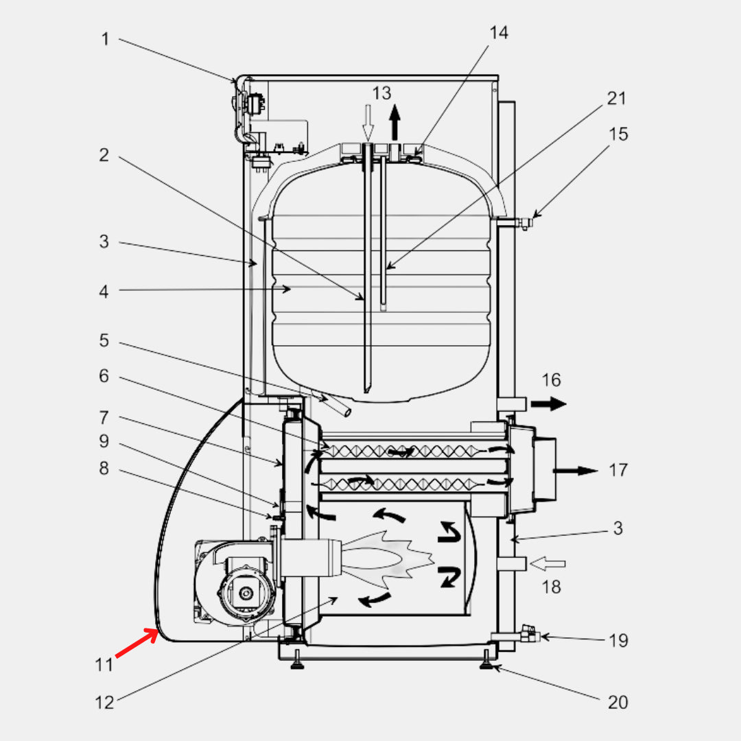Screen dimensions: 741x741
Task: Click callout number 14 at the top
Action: pyautogui.click(x=499, y=32)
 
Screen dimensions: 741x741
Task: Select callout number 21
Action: pyautogui.click(x=617, y=98)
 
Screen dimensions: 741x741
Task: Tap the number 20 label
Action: pyautogui.click(x=617, y=702)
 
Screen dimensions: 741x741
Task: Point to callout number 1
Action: pyautogui.click(x=104, y=39)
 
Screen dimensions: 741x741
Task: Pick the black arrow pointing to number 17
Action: pyautogui.click(x=576, y=471)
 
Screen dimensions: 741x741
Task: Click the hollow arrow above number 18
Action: pyautogui.click(x=549, y=564)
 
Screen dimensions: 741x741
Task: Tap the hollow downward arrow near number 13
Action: pyautogui.click(x=368, y=123)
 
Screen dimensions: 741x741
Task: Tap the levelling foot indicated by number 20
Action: pyautogui.click(x=488, y=662)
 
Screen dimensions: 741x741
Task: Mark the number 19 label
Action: pyautogui.click(x=619, y=640)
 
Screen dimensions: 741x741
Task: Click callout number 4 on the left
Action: pyautogui.click(x=104, y=291)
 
